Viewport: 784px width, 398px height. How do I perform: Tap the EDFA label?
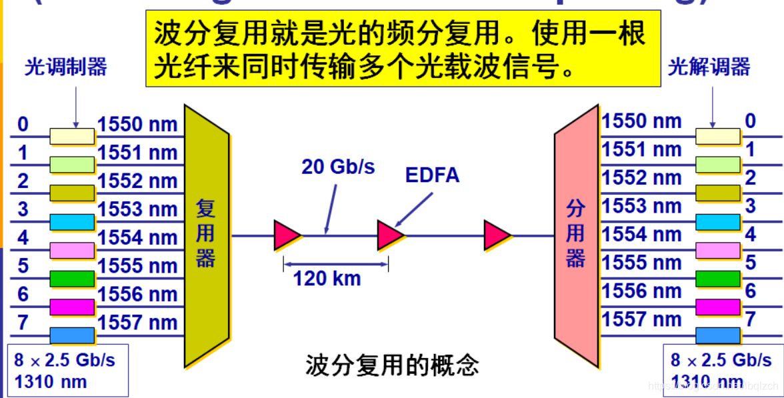pyautogui.click(x=433, y=175)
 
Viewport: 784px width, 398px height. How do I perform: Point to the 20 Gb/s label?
pyautogui.click(x=338, y=167)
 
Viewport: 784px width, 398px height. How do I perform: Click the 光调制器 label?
pyautogui.click(x=65, y=67)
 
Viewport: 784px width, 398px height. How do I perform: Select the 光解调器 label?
pyautogui.click(x=709, y=67)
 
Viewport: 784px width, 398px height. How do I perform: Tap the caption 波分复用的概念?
pyautogui.click(x=392, y=365)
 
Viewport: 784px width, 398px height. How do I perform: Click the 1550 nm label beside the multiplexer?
pyautogui.click(x=138, y=124)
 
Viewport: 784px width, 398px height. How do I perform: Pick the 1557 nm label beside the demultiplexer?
pyautogui.click(x=641, y=319)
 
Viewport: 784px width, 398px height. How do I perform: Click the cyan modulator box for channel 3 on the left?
pyautogui.click(x=72, y=222)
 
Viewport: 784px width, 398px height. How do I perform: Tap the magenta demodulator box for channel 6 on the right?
pyautogui.click(x=718, y=307)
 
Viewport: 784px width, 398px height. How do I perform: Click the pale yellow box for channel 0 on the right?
pyautogui.click(x=718, y=136)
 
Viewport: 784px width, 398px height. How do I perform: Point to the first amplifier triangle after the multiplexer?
pyautogui.click(x=287, y=235)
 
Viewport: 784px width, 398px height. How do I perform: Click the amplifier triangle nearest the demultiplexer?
pyautogui.click(x=497, y=235)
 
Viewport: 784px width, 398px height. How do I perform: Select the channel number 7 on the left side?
pyautogui.click(x=23, y=323)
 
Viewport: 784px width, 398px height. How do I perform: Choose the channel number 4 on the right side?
pyautogui.click(x=751, y=235)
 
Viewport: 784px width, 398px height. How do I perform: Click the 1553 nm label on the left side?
pyautogui.click(x=138, y=209)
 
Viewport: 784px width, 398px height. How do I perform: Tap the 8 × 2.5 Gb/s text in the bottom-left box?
pyautogui.click(x=65, y=360)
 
